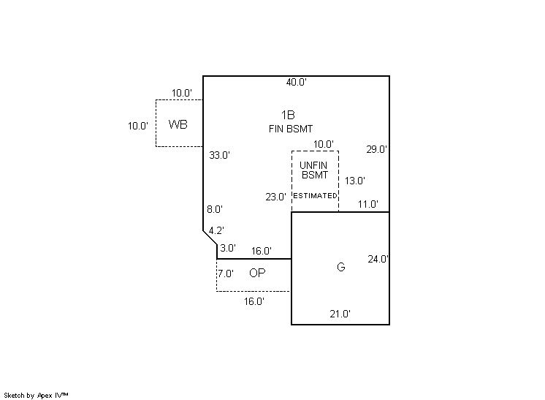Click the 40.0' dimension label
[x=296, y=83]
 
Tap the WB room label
[x=178, y=124]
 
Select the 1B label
[x=288, y=115]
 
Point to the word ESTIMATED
[x=315, y=196]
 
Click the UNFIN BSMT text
[x=315, y=170]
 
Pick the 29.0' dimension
[x=377, y=149]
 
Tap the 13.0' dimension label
[x=355, y=181]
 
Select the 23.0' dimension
[x=275, y=196]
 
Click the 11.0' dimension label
[x=367, y=205]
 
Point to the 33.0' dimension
[x=219, y=155]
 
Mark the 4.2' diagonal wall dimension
[x=216, y=231]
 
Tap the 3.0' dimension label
[x=228, y=248]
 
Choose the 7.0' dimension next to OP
[x=226, y=273]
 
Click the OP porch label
[x=257, y=273]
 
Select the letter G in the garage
[x=340, y=267]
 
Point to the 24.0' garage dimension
[x=378, y=259]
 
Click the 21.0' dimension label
[x=340, y=314]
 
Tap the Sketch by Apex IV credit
[x=36, y=395]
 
